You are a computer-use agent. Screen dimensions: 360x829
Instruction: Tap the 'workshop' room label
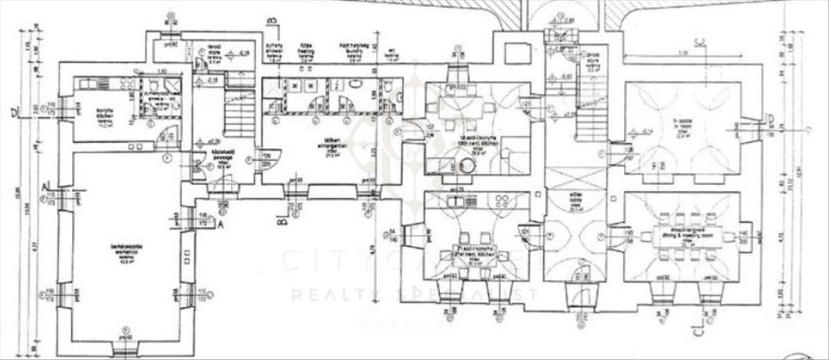tap(125, 249)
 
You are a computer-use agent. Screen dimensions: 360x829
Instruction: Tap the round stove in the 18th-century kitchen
tap(467, 165)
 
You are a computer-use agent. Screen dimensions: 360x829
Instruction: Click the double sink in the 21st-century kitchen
tap(457, 202)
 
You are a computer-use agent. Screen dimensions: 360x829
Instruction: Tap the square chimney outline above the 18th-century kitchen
tap(514, 53)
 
